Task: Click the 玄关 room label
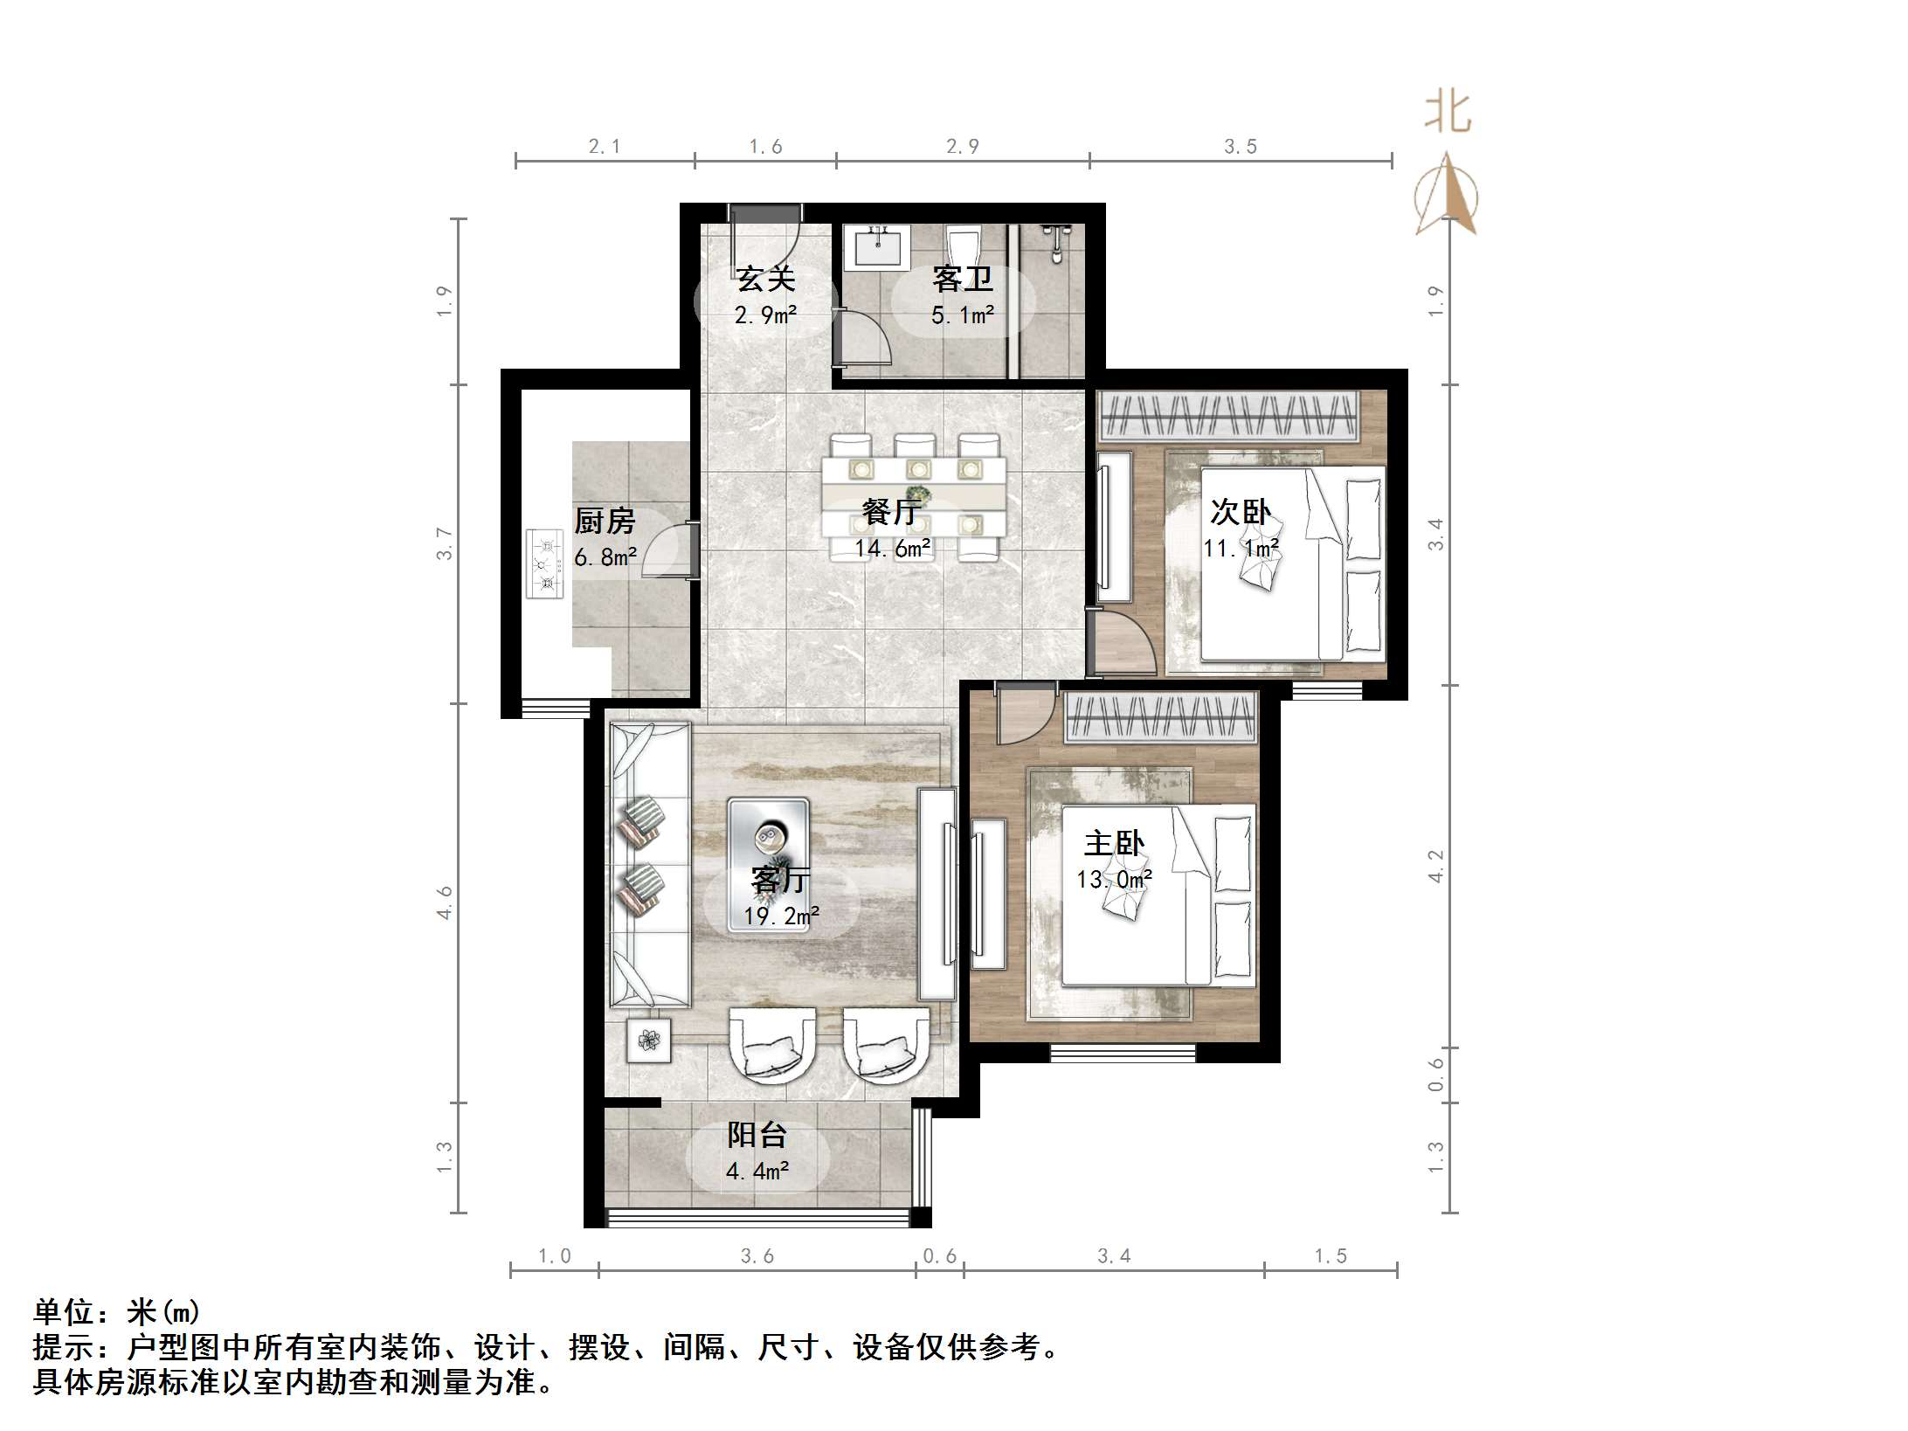coord(765,280)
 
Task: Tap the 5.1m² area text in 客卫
coord(962,315)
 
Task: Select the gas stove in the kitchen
coord(545,564)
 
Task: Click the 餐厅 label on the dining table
coord(891,512)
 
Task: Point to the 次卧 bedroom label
coord(1240,512)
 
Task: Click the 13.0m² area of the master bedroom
coord(1114,879)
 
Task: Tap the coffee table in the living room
coord(769,863)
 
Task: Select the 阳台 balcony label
coord(757,1135)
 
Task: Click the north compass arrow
coord(1447,197)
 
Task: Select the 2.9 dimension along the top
coord(962,147)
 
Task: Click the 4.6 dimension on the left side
coord(445,902)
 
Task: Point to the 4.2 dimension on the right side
coord(1435,866)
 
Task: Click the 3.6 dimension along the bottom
coord(757,1256)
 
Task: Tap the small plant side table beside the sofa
coord(649,1040)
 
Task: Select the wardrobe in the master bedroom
coord(1161,718)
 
